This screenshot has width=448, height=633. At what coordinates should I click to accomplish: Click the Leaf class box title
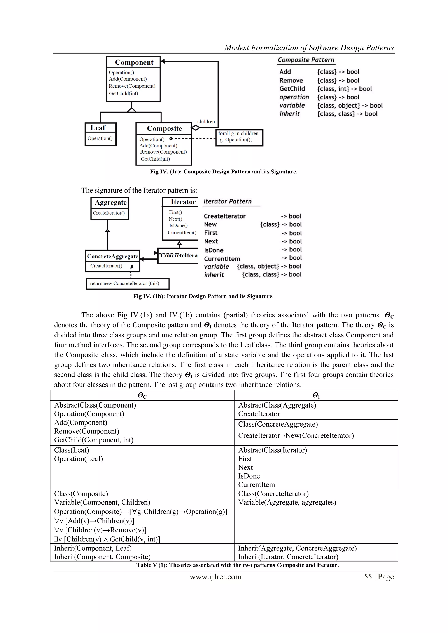tap(98, 128)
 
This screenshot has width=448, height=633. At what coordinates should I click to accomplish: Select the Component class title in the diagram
tap(134, 62)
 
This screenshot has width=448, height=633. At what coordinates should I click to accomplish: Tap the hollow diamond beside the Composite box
tap(195, 128)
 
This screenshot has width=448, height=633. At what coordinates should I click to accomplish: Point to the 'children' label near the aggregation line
tap(206, 121)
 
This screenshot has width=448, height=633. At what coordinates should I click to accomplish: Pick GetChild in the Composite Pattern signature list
tap(292, 89)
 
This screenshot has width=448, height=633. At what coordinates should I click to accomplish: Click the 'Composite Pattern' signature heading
tap(306, 60)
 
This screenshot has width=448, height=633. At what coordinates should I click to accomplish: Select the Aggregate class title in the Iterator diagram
tap(110, 203)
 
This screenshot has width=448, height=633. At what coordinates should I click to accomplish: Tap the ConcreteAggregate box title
tap(113, 256)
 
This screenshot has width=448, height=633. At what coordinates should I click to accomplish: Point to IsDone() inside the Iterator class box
tap(178, 225)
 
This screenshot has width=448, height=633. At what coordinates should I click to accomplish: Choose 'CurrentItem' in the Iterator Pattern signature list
tap(222, 259)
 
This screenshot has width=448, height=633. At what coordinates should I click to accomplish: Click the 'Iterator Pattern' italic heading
tap(227, 201)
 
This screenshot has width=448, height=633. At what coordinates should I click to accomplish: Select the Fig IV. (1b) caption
tap(203, 296)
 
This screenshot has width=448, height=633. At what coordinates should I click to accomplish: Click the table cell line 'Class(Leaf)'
tap(72, 450)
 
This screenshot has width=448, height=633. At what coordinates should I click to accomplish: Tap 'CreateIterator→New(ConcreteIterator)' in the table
tap(296, 436)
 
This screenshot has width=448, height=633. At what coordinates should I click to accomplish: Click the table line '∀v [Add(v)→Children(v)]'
tap(94, 521)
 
